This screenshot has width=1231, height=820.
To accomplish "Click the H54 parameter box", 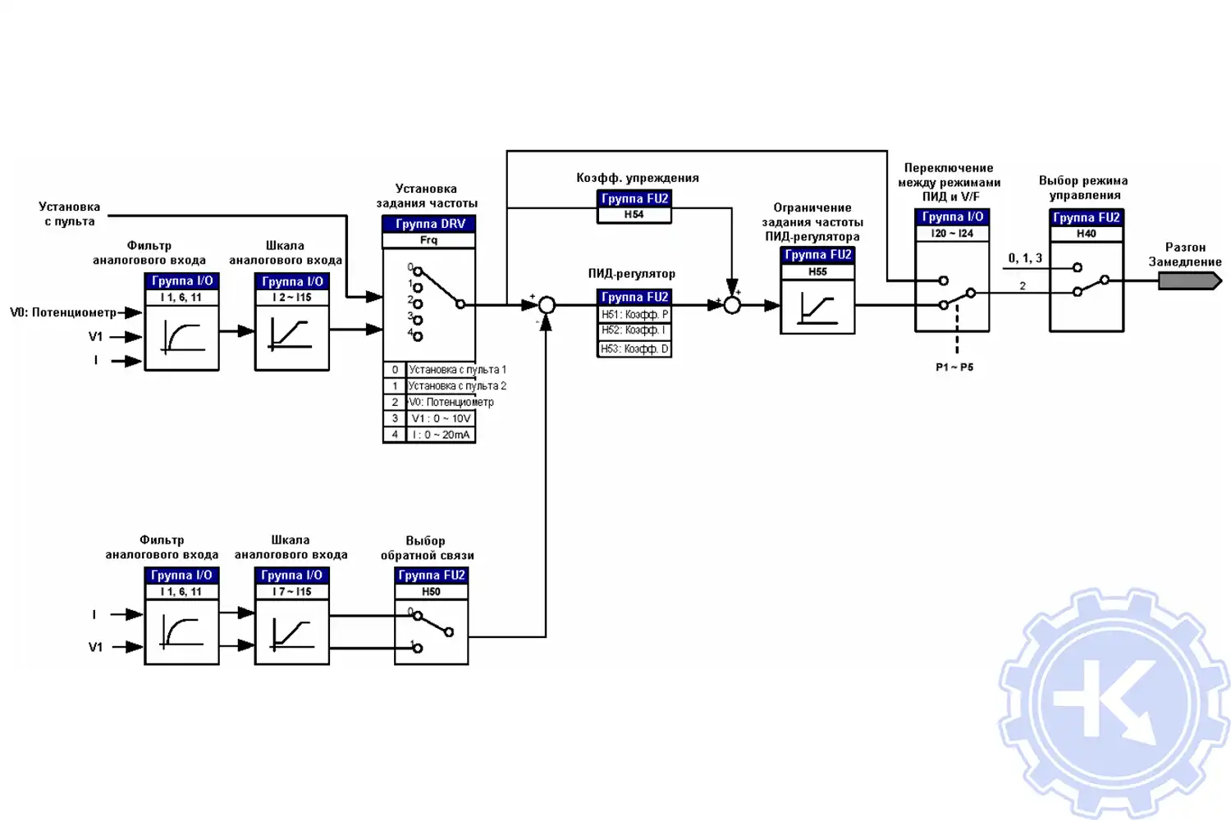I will pyautogui.click(x=634, y=215).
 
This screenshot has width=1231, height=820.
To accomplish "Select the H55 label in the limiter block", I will pyautogui.click(x=817, y=271).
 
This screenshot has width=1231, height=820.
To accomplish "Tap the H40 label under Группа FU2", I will pyautogui.click(x=1086, y=234).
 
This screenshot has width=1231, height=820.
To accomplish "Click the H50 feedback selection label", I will pyautogui.click(x=431, y=591).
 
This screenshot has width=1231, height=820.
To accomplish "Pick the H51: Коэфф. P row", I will pyautogui.click(x=634, y=314).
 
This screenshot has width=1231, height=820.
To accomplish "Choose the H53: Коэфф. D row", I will pyautogui.click(x=634, y=348).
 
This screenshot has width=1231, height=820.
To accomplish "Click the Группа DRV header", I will pyautogui.click(x=429, y=224).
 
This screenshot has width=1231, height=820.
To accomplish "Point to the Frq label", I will pyautogui.click(x=428, y=240).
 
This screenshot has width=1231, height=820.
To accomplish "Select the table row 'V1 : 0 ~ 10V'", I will pyautogui.click(x=441, y=418).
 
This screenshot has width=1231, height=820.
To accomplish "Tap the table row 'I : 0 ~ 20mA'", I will pyautogui.click(x=441, y=435).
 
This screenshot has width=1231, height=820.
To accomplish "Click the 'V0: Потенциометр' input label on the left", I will pyautogui.click(x=63, y=312).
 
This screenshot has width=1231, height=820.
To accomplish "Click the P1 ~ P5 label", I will pyautogui.click(x=954, y=367).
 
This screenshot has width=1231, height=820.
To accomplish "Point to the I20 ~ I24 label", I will pyautogui.click(x=952, y=234).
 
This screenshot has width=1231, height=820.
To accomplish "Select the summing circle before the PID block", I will pyautogui.click(x=547, y=305).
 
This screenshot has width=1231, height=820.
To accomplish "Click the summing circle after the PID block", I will pyautogui.click(x=732, y=305).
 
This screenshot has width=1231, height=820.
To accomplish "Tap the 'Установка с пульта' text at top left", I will pyautogui.click(x=70, y=214).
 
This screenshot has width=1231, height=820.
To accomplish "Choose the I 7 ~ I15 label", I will pyautogui.click(x=291, y=591).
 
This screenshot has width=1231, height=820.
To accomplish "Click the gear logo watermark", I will pyautogui.click(x=1114, y=703).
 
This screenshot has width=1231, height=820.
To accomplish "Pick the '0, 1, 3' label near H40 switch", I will pyautogui.click(x=1025, y=258).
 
